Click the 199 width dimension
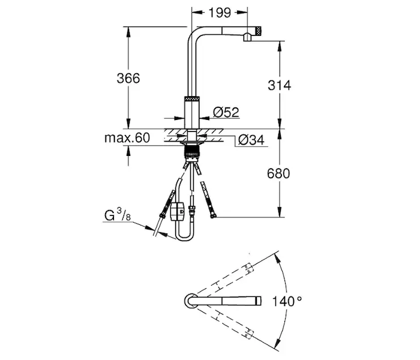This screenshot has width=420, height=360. tap(218, 11)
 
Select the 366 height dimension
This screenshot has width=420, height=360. tap(128, 78)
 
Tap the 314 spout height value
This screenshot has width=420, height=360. tap(279, 85)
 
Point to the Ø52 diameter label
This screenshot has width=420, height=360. tap(227, 112)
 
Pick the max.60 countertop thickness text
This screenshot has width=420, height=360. tap(127, 138)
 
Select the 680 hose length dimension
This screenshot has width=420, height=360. tap(279, 174)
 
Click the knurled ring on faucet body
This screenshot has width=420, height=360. tap(191, 97)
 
